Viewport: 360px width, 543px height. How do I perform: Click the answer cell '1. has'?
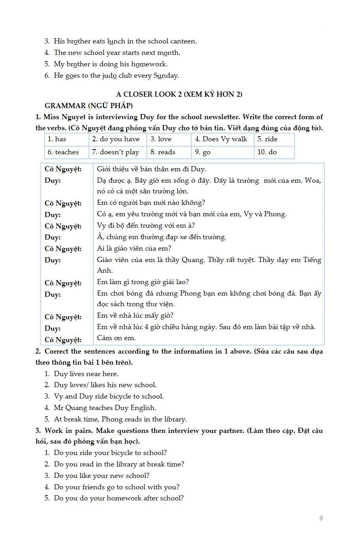click(66, 139)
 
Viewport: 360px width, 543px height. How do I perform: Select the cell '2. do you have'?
click(118, 139)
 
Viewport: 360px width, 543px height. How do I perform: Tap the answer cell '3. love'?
click(169, 139)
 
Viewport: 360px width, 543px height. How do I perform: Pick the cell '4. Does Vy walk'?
click(223, 139)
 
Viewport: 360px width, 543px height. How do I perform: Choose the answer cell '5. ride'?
click(274, 139)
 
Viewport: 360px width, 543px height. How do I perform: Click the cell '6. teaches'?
click(66, 152)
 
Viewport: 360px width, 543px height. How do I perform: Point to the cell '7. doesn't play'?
click(118, 152)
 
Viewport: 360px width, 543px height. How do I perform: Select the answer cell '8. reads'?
click(169, 152)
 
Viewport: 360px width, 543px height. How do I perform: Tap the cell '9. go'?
click(223, 152)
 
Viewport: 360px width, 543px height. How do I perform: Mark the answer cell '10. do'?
click(274, 152)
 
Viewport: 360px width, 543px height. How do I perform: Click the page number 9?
click(321, 518)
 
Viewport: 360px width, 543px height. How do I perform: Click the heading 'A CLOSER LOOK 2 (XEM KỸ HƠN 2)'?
click(179, 94)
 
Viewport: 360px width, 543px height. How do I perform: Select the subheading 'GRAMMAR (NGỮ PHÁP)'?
click(89, 106)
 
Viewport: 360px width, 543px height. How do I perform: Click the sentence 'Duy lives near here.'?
click(86, 374)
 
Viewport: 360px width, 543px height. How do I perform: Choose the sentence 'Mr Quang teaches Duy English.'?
click(105, 408)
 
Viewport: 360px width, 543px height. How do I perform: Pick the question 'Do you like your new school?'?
click(102, 476)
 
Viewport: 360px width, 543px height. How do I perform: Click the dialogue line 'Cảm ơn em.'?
click(116, 338)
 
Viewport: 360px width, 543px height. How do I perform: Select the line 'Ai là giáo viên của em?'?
click(134, 249)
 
